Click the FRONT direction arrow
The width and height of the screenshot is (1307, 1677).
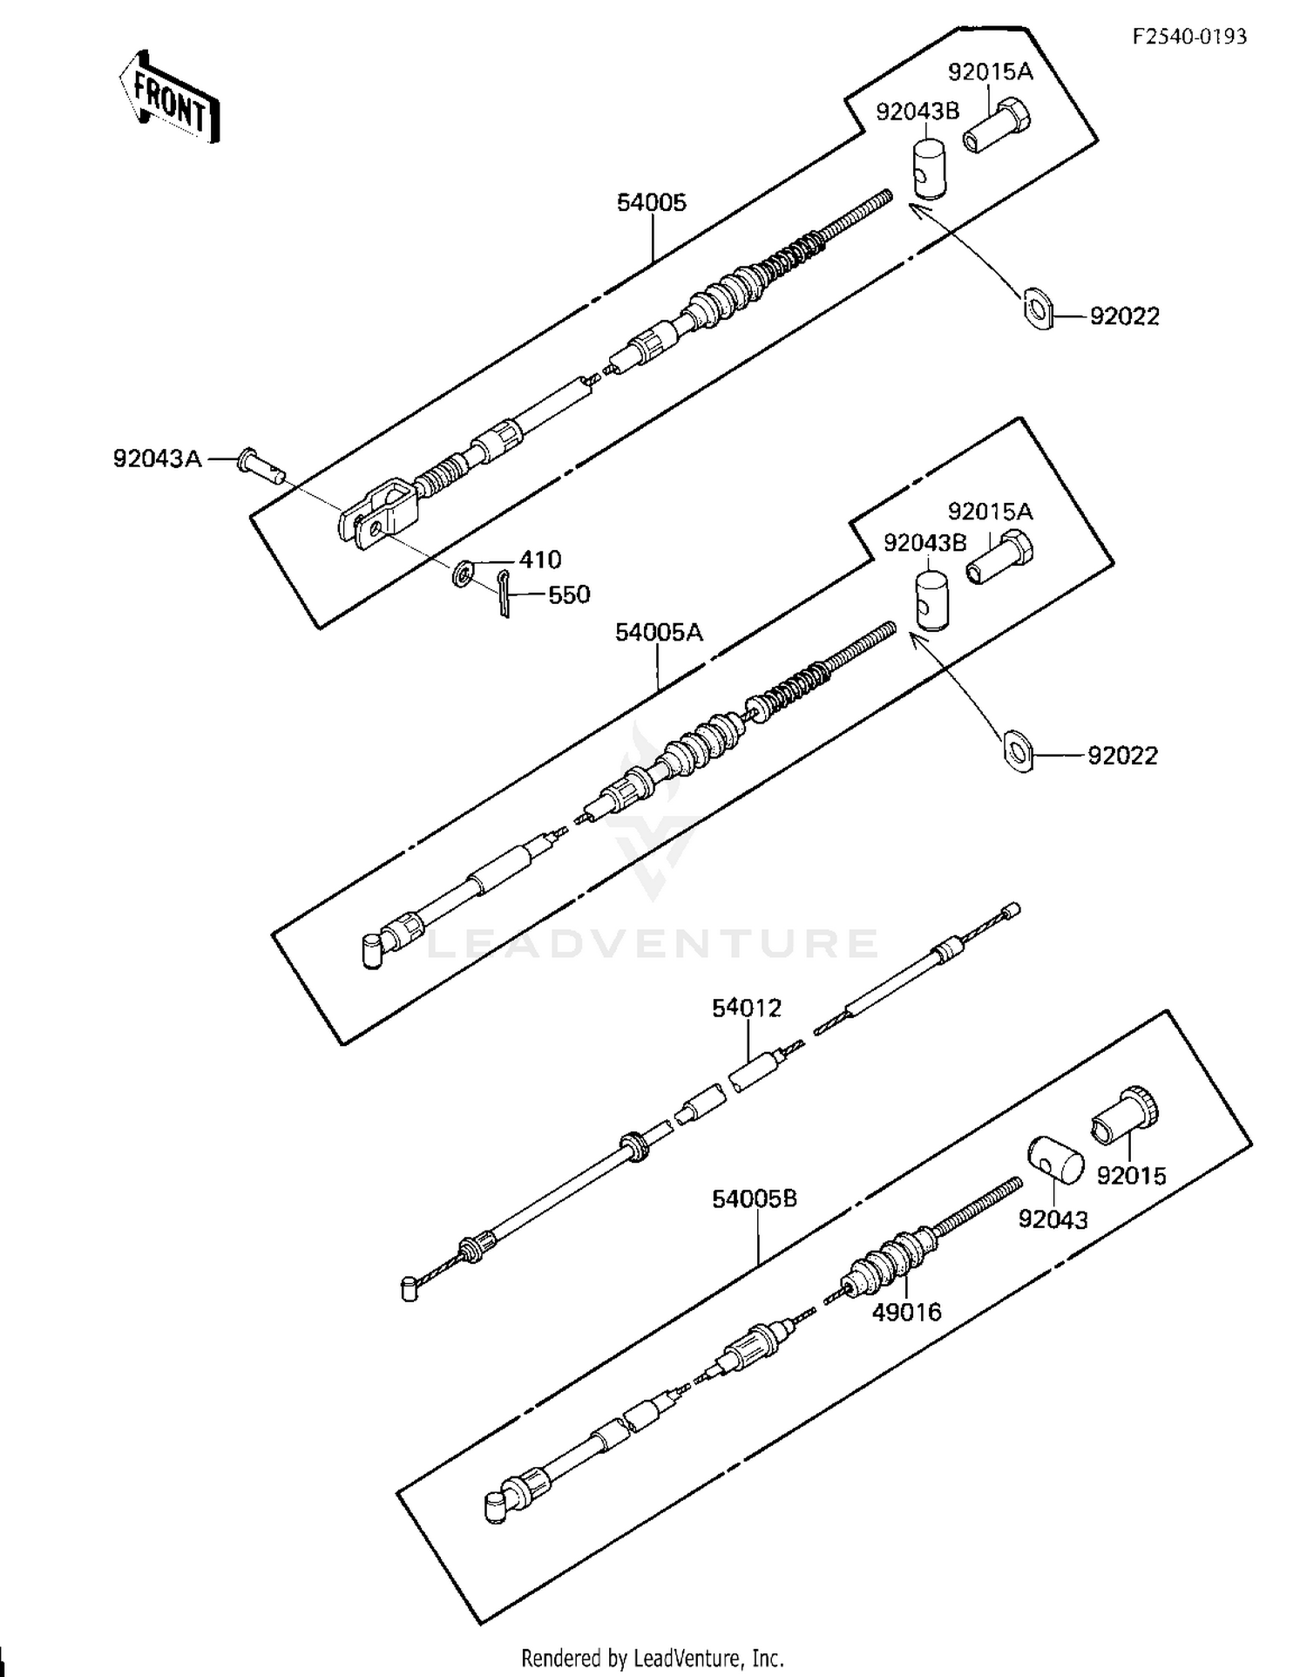click(170, 96)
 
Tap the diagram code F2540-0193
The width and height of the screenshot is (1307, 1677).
click(1189, 36)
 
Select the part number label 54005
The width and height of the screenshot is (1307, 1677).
click(651, 202)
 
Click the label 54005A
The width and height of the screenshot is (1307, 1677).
click(658, 632)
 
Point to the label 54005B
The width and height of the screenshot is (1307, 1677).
click(754, 1199)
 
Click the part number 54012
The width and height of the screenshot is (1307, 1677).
click(747, 1008)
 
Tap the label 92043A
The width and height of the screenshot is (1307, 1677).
click(157, 458)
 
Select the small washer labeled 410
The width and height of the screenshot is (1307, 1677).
click(463, 574)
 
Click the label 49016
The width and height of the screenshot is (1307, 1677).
click(906, 1312)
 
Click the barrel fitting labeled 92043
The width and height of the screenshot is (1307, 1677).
click(1055, 1161)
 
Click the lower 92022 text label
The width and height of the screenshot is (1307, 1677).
click(1122, 756)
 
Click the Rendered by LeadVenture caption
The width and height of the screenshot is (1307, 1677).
click(653, 1658)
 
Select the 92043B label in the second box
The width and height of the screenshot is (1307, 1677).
click(924, 543)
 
